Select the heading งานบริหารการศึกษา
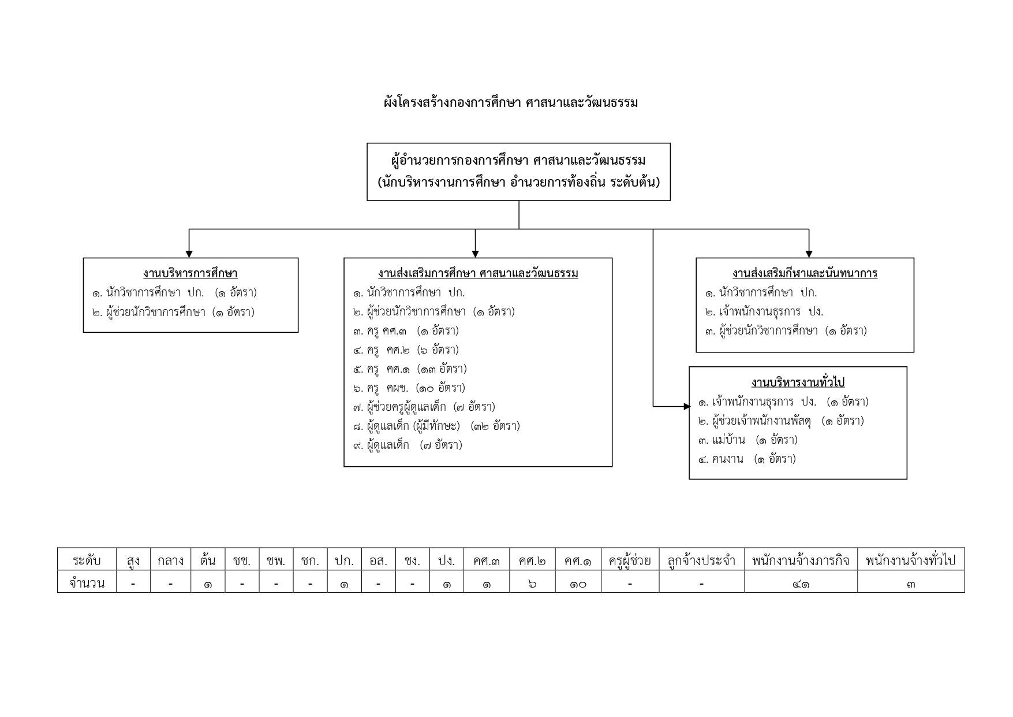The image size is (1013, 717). point(190,273)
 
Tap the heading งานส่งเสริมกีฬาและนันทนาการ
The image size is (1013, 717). point(805,273)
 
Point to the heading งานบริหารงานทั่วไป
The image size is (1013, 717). point(798,382)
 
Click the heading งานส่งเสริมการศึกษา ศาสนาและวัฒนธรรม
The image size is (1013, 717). point(478,273)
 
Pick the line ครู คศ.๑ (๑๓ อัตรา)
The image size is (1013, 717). point(410,369)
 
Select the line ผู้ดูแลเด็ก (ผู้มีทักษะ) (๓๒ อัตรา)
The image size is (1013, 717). point(436,426)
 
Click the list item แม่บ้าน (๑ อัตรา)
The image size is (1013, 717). point(747,440)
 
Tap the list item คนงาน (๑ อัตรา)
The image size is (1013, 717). point(746,459)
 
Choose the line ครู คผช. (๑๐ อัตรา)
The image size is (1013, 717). point(409,388)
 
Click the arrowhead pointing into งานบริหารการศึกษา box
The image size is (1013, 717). point(189,254)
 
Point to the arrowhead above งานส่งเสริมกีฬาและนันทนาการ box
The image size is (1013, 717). point(809,254)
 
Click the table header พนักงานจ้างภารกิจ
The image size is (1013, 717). point(801,560)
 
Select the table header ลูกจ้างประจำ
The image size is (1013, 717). point(701,560)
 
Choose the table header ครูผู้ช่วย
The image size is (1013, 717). point(630,560)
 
